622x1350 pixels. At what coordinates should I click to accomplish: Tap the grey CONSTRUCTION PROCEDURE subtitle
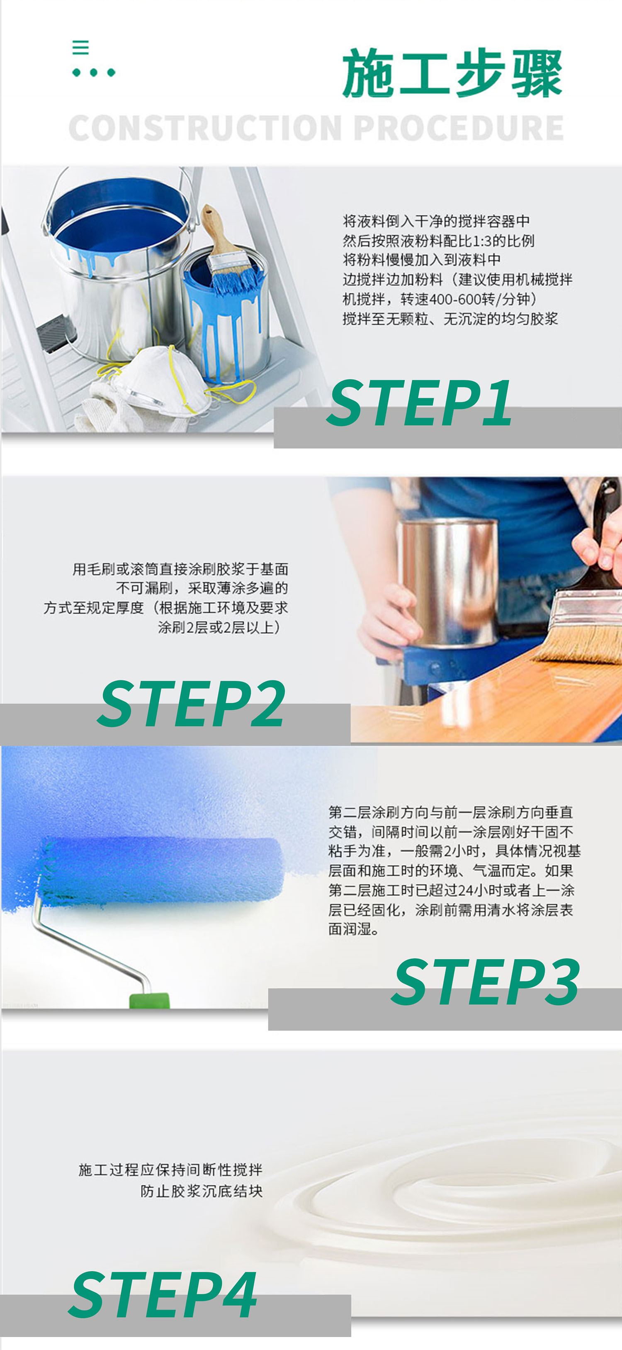tap(316, 128)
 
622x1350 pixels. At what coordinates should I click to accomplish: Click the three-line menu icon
tap(80, 47)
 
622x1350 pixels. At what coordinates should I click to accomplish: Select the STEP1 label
tap(419, 402)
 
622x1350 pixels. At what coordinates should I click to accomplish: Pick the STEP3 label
tap(486, 982)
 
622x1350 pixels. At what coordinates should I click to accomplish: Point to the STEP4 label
tap(163, 1294)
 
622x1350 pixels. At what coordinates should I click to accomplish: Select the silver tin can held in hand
tap(448, 582)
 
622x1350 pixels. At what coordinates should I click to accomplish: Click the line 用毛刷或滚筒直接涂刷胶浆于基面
tap(180, 569)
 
